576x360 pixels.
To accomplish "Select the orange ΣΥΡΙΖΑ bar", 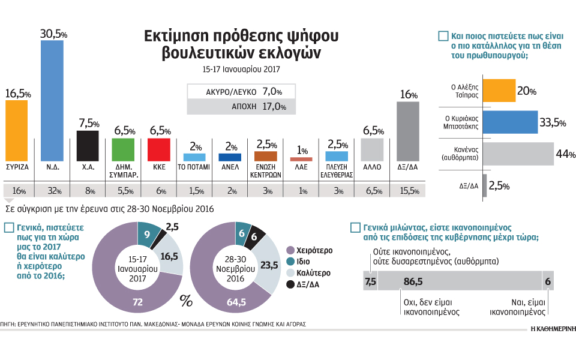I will coord(16,130).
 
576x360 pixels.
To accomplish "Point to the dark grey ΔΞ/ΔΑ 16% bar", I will coord(408,131).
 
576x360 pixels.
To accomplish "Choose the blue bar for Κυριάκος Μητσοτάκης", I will coord(509,122).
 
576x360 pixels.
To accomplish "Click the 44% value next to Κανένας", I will coord(562,154).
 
